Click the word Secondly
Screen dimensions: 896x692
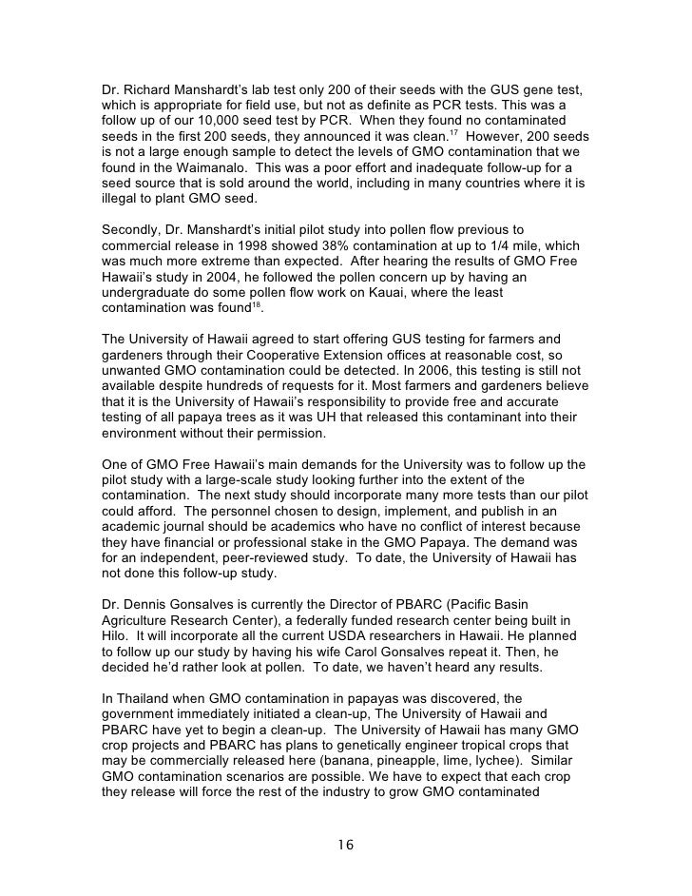[136, 229]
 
